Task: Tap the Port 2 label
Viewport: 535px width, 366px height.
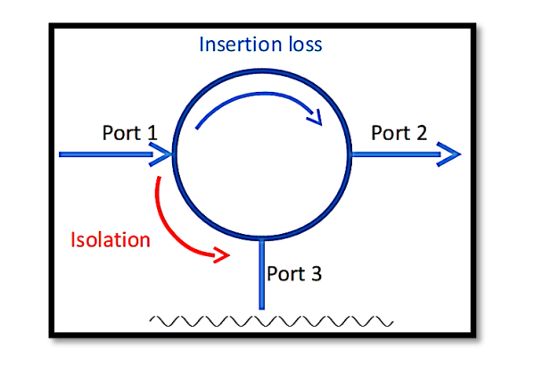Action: (x=399, y=133)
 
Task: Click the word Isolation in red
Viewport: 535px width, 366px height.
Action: (x=111, y=239)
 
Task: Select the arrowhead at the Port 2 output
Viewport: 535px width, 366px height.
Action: (x=450, y=154)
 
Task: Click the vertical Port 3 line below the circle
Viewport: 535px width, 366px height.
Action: (x=262, y=277)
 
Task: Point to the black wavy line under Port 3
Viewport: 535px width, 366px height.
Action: (x=267, y=320)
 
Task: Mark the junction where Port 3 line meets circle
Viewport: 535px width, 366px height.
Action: (x=262, y=239)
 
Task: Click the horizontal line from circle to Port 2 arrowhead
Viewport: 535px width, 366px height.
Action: (x=392, y=154)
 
